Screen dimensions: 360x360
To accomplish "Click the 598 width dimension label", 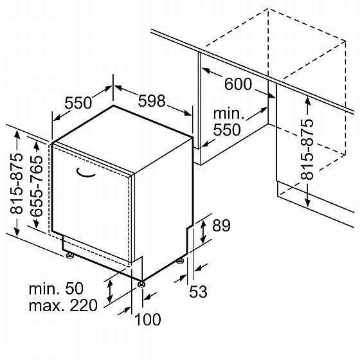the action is pos(152,101).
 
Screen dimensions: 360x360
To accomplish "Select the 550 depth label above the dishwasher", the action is pos(78,103).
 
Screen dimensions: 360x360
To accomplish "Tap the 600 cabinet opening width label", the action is pos(238,84).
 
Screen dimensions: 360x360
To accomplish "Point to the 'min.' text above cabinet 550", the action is pos(229,114).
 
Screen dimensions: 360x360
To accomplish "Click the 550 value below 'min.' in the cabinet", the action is pos(227,130).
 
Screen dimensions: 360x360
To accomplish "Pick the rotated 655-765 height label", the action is pos(37,186).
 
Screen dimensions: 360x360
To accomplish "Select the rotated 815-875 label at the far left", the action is pos(17,183).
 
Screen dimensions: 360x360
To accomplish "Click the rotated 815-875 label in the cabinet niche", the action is pos(307,149).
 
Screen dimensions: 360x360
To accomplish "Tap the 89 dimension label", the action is pos(221,226).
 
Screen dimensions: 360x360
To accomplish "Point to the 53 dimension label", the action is pos(198,291).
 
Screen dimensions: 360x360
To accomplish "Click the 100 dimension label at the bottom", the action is pos(147,319).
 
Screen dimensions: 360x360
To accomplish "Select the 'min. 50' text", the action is pos(56,289).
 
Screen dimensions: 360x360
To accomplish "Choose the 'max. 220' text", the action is pos(63,305).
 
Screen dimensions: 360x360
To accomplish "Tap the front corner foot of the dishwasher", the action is pos(141,284).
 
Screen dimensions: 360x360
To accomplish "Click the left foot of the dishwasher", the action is pos(69,255).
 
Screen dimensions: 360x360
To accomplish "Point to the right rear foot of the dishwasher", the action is pos(180,261).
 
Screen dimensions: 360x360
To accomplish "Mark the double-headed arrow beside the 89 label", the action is pos(203,231).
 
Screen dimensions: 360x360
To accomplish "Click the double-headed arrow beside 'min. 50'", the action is pos(110,291).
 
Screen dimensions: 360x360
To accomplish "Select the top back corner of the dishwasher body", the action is pos(113,105).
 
